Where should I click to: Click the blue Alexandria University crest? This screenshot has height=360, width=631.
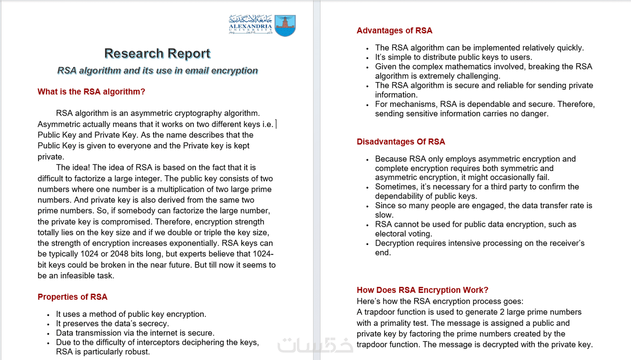[x=285, y=26]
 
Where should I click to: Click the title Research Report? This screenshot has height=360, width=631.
[x=157, y=53]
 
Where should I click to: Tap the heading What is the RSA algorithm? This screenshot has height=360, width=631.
[x=91, y=92]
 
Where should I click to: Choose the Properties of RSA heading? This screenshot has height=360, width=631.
[x=72, y=297]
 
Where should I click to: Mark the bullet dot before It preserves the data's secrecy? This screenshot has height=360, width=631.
[x=48, y=324]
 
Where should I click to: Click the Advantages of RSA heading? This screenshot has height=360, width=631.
[x=394, y=30]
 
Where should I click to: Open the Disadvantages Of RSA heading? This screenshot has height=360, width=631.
[x=400, y=142]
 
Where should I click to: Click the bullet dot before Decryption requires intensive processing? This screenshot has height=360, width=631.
[x=367, y=244]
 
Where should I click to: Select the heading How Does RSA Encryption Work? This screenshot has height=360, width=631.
[x=422, y=290]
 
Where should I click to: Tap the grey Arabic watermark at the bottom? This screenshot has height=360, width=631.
[x=315, y=345]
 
